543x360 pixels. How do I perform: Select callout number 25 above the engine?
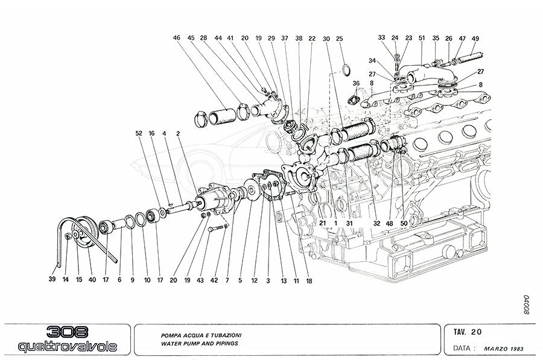tap(340, 39)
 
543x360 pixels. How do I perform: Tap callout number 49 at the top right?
tap(475, 39)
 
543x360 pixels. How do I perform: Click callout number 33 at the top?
tap(382, 38)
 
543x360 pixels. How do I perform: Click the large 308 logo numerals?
tap(67, 332)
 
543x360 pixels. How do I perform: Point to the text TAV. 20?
tap(468, 331)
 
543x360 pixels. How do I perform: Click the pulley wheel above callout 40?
tap(81, 230)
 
